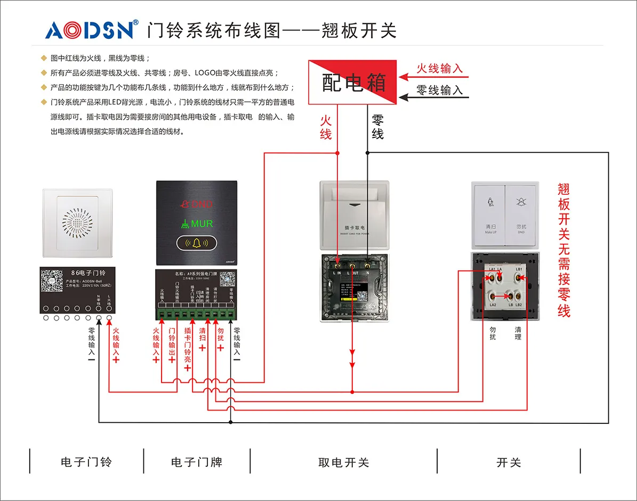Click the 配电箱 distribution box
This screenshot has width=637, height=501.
[x=353, y=83]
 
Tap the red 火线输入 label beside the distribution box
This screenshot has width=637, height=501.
[x=439, y=69]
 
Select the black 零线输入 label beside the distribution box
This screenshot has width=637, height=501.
[x=439, y=90]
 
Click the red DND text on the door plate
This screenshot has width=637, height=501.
[x=198, y=204]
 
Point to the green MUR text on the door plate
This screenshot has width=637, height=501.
[x=197, y=224]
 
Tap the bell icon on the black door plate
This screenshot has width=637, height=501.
[x=197, y=244]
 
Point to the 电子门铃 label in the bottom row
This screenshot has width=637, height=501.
[x=86, y=462]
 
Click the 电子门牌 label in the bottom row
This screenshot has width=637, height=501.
[x=197, y=462]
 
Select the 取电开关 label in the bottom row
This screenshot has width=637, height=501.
[x=343, y=462]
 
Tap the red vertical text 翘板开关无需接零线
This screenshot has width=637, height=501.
[x=564, y=250]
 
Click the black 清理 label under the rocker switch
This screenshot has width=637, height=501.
[x=518, y=333]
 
